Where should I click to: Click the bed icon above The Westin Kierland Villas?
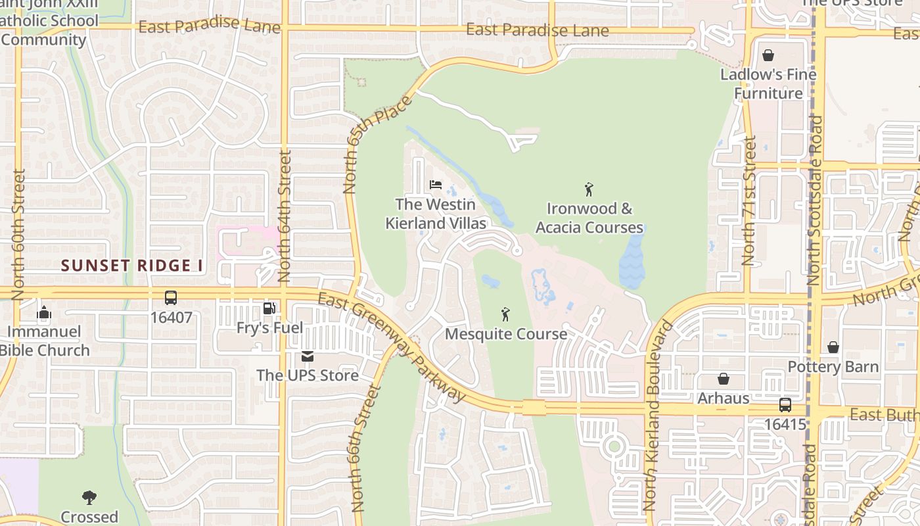[435, 185]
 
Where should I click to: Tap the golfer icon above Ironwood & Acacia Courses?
[589, 189]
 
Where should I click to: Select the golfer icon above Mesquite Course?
[505, 314]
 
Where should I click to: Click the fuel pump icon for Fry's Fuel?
[269, 308]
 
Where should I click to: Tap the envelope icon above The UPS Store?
[307, 356]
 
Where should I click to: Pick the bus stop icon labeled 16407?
[171, 298]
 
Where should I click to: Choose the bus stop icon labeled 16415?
[785, 405]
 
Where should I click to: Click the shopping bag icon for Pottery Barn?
[833, 347]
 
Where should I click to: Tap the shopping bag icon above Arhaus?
[723, 379]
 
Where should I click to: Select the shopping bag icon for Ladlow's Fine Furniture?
[768, 55]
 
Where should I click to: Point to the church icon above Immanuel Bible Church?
[44, 312]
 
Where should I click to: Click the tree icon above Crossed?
[89, 497]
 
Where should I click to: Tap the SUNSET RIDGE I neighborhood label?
[132, 266]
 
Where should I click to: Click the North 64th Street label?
[285, 216]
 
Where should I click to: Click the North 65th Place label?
[379, 145]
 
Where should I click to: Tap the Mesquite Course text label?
[506, 334]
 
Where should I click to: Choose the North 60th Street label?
[18, 235]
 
